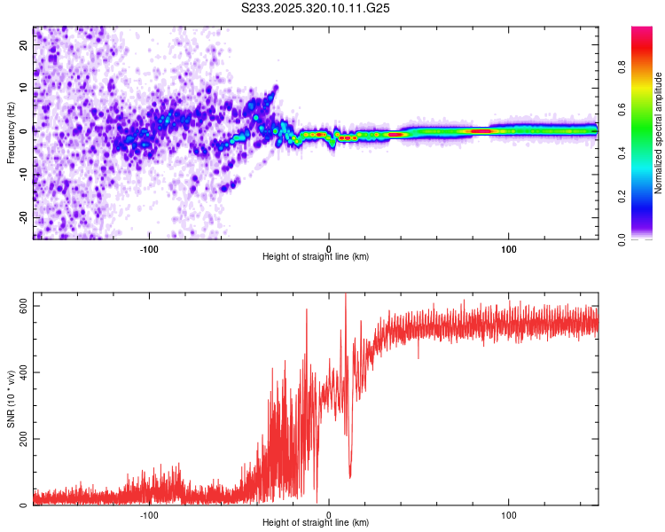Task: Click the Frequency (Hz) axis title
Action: click(x=11, y=133)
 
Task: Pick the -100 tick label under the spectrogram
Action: click(x=149, y=248)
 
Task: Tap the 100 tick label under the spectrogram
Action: click(x=509, y=248)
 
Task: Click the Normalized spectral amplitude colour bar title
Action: click(x=658, y=133)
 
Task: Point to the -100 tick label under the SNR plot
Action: click(x=149, y=515)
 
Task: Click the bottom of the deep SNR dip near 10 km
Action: click(x=350, y=477)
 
